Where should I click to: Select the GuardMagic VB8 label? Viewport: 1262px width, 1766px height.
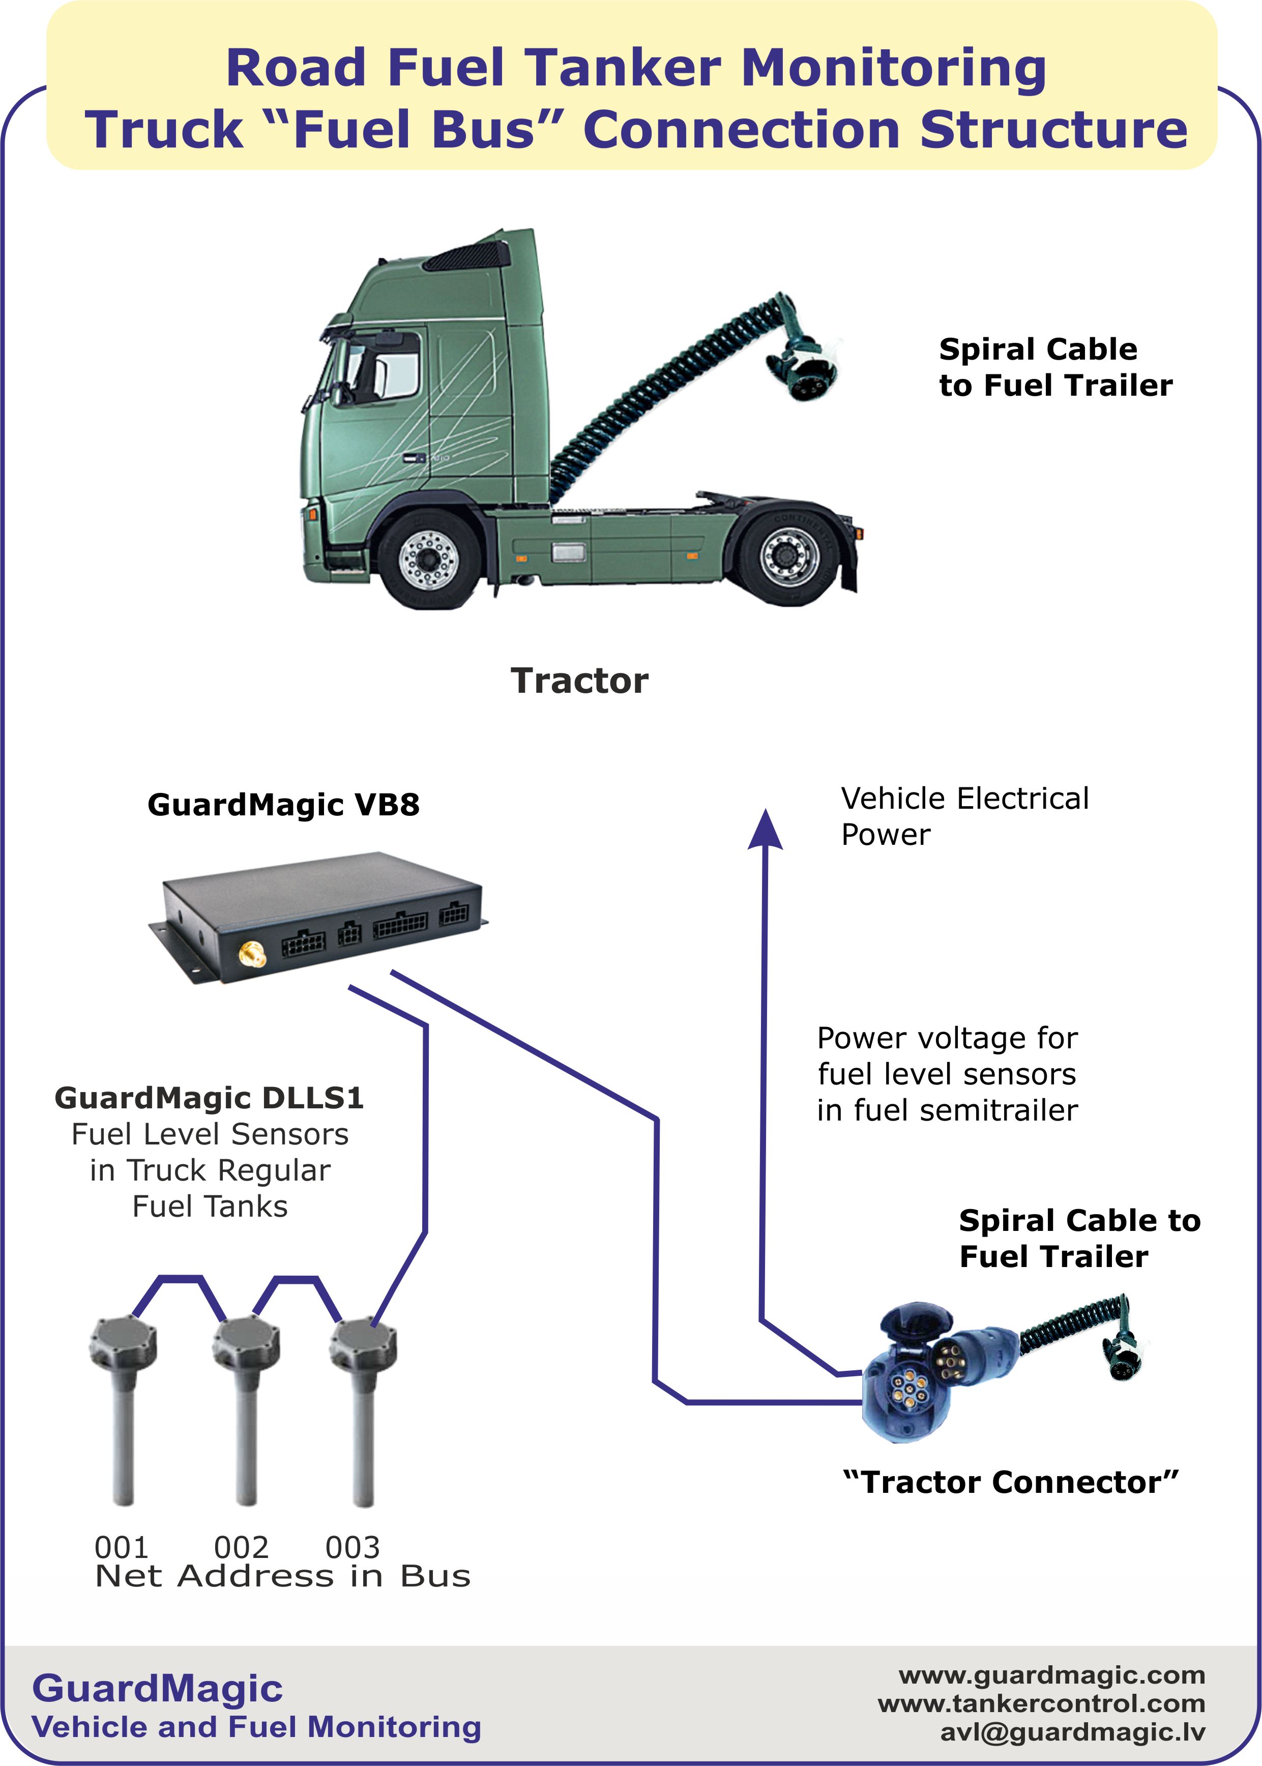[x=284, y=805]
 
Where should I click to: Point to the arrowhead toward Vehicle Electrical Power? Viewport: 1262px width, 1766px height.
[x=766, y=830]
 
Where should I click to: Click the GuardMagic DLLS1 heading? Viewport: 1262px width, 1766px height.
[x=209, y=1098]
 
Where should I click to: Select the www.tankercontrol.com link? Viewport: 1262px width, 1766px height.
[x=1041, y=1704]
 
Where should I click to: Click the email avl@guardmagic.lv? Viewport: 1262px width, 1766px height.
[x=1072, y=1732]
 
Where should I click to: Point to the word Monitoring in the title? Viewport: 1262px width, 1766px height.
[x=894, y=68]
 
